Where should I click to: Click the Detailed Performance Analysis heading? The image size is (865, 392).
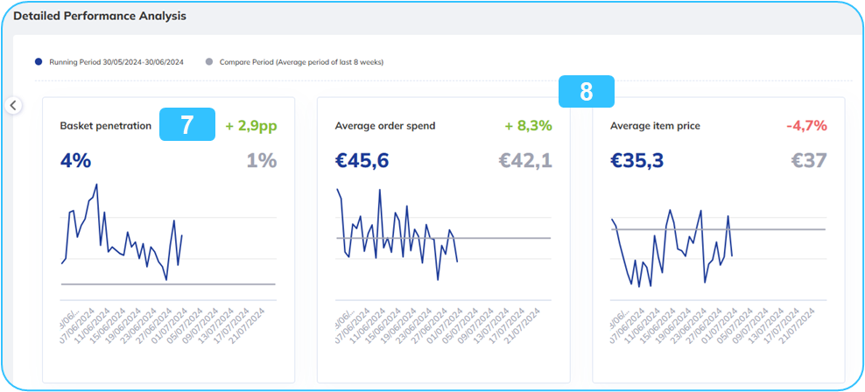pos(100,16)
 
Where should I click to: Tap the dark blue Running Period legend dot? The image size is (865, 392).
pos(39,62)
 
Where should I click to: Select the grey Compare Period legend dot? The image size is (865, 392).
pos(208,62)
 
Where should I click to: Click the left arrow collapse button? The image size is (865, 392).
pos(13,105)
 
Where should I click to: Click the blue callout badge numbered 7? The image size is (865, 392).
pos(187,125)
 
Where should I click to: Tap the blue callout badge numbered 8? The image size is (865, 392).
pos(587,91)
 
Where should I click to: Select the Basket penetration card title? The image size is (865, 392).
pos(106,126)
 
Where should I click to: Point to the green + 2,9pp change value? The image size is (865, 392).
pos(251,126)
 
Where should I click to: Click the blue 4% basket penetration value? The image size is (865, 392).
pos(75,160)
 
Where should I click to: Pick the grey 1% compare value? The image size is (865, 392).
pos(262,160)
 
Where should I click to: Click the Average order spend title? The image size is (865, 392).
pos(385,126)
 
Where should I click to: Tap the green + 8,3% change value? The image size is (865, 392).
pos(528,126)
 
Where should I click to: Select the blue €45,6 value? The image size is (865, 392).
pos(362,160)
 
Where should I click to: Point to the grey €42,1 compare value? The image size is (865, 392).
pos(525,160)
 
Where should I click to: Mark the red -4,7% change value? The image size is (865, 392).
pos(806,126)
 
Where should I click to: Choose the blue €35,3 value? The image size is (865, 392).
pos(637,160)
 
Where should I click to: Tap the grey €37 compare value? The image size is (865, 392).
pos(810,160)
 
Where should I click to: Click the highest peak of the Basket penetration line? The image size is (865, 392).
pos(96,185)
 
